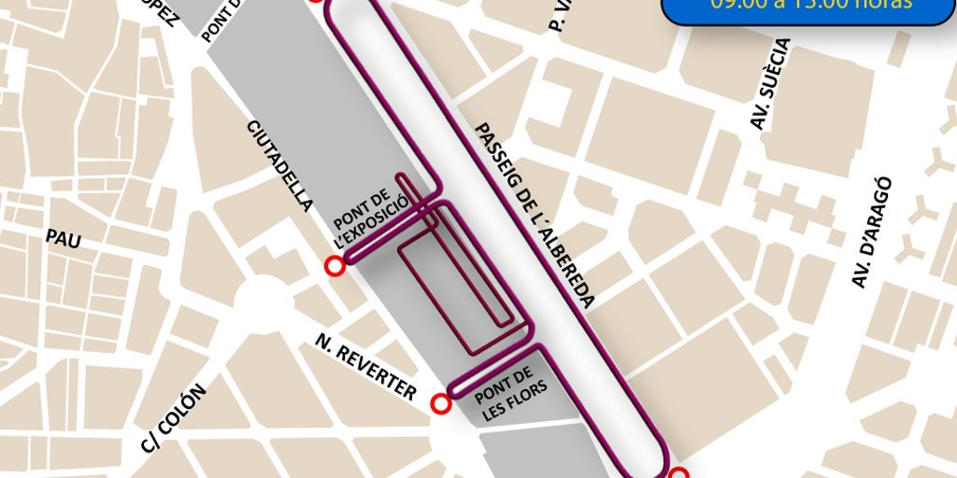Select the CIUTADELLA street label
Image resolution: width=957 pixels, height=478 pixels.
279,165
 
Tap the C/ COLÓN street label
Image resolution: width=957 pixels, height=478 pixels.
174,417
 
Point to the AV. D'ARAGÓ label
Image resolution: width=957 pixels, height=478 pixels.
871,232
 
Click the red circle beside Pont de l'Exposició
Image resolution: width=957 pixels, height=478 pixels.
334,268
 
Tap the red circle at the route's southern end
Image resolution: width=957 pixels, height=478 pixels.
679,473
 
